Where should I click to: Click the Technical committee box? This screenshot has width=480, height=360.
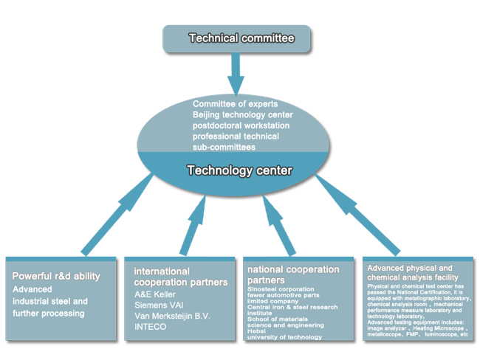click(x=236, y=38)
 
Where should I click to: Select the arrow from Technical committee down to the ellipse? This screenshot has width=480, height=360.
click(x=236, y=75)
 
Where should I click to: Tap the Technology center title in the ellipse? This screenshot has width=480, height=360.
click(x=240, y=170)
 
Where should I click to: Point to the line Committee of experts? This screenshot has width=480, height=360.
click(x=235, y=104)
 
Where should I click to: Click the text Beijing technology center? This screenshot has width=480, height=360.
click(x=242, y=114)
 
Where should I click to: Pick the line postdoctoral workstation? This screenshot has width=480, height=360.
click(x=241, y=125)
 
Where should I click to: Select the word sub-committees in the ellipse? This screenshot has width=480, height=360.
click(x=224, y=147)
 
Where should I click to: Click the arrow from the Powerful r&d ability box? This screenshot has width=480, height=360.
click(x=117, y=214)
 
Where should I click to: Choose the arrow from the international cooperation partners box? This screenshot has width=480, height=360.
click(x=193, y=226)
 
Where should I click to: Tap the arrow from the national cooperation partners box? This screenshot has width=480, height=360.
click(x=279, y=226)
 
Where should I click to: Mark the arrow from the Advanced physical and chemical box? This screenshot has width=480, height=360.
click(x=357, y=215)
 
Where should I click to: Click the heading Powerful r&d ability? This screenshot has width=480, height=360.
click(x=56, y=276)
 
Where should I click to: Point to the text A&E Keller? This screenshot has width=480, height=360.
click(x=155, y=294)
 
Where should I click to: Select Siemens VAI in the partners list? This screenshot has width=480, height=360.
click(x=159, y=305)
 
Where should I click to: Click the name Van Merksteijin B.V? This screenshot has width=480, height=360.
click(x=172, y=316)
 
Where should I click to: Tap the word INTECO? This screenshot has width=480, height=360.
click(x=151, y=327)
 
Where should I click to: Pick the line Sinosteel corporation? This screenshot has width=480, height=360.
click(x=281, y=289)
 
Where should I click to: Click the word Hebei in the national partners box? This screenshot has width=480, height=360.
click(x=256, y=331)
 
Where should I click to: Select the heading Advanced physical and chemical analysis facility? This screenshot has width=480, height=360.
click(x=413, y=273)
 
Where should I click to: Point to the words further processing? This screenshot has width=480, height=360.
click(x=49, y=314)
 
